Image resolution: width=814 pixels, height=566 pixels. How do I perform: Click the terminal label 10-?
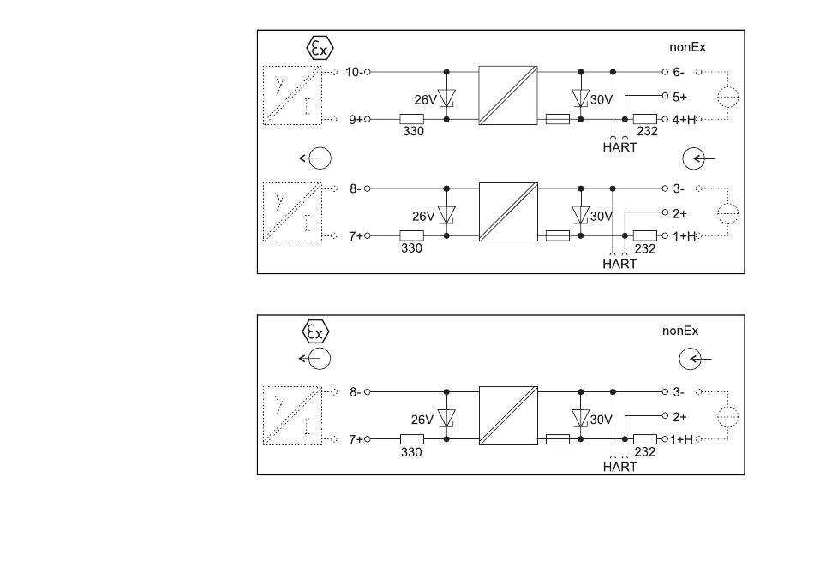354,72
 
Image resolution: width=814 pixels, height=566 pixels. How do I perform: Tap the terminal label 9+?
356,120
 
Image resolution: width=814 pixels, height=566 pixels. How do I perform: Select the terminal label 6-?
679,72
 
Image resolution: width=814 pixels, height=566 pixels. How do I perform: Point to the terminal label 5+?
679,97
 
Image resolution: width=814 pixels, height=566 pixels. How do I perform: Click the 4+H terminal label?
683,120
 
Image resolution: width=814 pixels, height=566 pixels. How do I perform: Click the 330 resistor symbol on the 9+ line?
411,119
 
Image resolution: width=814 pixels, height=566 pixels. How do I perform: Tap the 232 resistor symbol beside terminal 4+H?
644,119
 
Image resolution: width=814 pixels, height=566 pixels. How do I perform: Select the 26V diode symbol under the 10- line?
446,98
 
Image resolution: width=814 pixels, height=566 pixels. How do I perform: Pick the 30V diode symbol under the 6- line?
580,98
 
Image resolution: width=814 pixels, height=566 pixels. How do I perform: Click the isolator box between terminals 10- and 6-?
508,95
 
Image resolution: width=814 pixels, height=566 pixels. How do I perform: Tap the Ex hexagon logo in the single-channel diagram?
315,332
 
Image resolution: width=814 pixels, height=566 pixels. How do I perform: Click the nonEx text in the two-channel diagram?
687,47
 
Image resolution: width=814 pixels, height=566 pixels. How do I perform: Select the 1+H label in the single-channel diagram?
681,440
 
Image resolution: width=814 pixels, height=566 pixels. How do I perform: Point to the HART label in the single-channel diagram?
619,467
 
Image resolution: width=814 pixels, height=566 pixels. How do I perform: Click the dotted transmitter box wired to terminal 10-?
292,95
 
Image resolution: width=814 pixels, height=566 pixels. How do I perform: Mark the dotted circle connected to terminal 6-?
727,97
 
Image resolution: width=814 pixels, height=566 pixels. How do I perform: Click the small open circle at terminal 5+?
665,95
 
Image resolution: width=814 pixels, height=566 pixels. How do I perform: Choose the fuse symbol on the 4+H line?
558,119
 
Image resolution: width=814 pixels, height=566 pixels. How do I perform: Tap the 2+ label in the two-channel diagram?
679,214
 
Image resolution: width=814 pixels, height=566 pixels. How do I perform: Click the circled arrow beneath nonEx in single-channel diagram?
691,359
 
